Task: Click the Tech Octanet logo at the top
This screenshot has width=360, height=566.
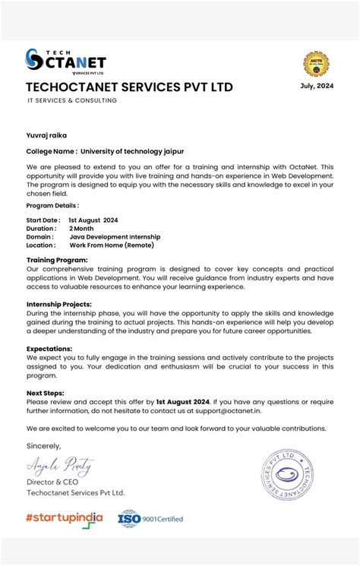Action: coord(65,61)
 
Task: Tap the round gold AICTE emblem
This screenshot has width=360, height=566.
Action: coord(316,64)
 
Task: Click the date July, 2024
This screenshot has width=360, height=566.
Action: coord(316,86)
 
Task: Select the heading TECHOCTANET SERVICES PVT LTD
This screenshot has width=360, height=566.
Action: coord(129,87)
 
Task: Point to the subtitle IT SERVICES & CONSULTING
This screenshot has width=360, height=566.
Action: coord(72,101)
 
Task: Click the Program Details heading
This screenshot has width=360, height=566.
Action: coord(52,206)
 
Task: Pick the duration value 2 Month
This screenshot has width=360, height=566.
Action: coord(81,228)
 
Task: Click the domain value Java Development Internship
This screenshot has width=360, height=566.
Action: coord(115,237)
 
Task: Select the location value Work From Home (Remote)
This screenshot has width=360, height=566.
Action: coord(112,245)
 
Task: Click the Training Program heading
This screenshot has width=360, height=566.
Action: coord(57,260)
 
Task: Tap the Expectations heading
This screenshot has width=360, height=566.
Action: coord(50,348)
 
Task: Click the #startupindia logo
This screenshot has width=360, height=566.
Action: coord(64,518)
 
